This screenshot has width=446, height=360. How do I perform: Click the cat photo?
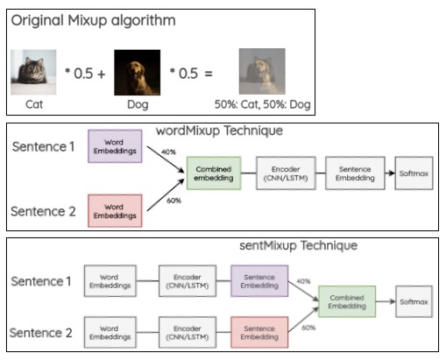tap(33, 72)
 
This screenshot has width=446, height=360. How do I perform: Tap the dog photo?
tap(138, 73)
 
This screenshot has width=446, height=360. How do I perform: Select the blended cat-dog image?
tap(262, 71)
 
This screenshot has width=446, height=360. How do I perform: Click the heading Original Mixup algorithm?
tap(93, 21)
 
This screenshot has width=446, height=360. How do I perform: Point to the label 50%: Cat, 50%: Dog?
tap(262, 104)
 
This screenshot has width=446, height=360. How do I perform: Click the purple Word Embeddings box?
tap(115, 146)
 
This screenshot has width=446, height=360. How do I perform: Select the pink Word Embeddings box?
tap(115, 211)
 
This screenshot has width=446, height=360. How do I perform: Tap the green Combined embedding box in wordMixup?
tap(214, 173)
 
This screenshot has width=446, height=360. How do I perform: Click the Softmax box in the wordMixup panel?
tap(414, 173)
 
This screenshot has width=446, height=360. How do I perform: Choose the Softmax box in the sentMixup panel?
tap(414, 301)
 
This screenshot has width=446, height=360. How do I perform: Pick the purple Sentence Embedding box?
tap(259, 281)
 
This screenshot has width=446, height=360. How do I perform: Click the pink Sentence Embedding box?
tap(259, 332)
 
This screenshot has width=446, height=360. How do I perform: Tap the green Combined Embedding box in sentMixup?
tap(347, 301)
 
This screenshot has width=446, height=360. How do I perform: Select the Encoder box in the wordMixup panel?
tap(286, 173)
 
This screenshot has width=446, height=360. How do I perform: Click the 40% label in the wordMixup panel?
tap(168, 152)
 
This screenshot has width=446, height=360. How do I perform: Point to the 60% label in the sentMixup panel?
tap(308, 328)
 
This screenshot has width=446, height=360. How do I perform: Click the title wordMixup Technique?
tap(219, 131)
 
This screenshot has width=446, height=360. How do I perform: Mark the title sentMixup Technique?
tap(299, 245)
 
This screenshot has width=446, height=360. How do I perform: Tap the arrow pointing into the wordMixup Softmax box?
tap(390, 173)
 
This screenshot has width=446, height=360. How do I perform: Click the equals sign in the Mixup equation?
tap(209, 74)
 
